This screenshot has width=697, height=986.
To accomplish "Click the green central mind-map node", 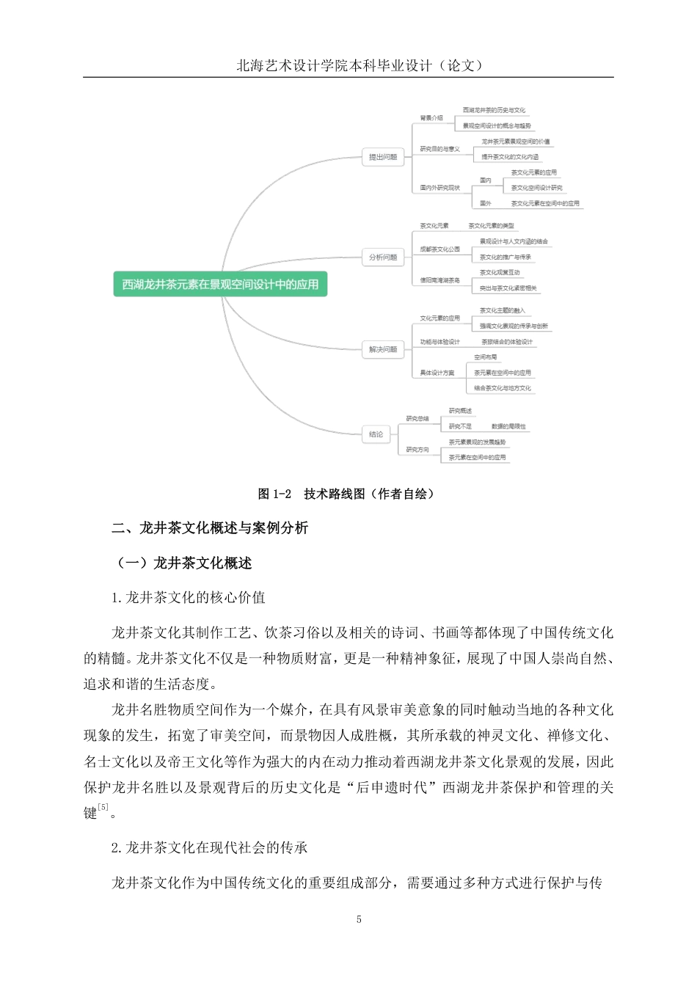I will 220,285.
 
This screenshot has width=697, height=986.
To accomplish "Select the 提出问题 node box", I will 383,157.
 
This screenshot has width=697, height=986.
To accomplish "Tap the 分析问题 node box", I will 383,258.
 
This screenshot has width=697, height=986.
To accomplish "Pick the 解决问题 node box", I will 383,349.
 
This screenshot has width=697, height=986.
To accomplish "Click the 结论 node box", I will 376,434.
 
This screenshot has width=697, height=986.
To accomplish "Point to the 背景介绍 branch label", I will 431,118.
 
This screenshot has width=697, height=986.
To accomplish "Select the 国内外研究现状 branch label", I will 440,188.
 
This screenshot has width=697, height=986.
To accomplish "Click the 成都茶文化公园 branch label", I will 440,249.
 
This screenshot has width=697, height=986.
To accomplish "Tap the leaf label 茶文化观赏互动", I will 500,273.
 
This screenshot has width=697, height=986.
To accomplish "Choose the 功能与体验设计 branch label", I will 440,342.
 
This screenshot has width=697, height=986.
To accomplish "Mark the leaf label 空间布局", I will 486,357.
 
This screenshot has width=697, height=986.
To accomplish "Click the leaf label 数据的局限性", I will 508,426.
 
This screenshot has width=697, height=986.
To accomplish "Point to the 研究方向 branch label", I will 417,450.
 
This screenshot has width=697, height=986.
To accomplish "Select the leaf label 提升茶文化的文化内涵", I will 510,157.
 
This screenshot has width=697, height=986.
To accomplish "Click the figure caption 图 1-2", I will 274,494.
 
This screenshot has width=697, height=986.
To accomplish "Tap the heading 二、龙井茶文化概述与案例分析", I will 210,528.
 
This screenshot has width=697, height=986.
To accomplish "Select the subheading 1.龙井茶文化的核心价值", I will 189,598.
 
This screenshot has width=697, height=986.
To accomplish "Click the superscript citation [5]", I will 103,808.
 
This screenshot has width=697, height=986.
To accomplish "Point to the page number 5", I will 359,919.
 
